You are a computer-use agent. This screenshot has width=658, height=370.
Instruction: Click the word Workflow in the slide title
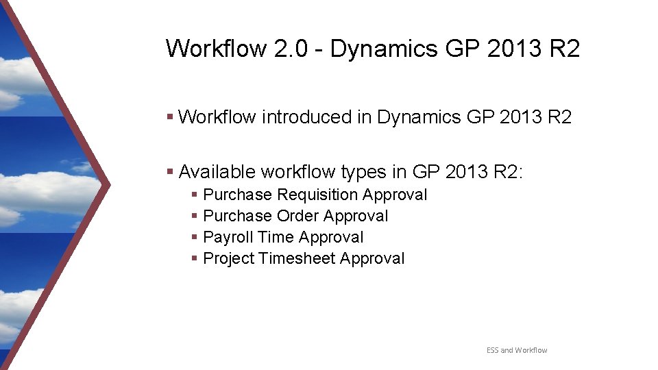216,49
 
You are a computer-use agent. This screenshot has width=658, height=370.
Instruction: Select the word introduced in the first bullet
306,117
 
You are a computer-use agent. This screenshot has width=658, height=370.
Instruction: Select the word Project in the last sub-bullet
229,259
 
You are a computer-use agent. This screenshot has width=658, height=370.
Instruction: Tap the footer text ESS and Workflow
517,350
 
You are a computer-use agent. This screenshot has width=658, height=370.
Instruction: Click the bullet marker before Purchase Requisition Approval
195,196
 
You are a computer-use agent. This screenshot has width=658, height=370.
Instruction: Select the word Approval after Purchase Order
356,217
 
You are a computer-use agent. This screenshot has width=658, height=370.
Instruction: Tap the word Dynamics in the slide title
385,49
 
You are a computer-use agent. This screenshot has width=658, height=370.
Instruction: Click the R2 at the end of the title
564,49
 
